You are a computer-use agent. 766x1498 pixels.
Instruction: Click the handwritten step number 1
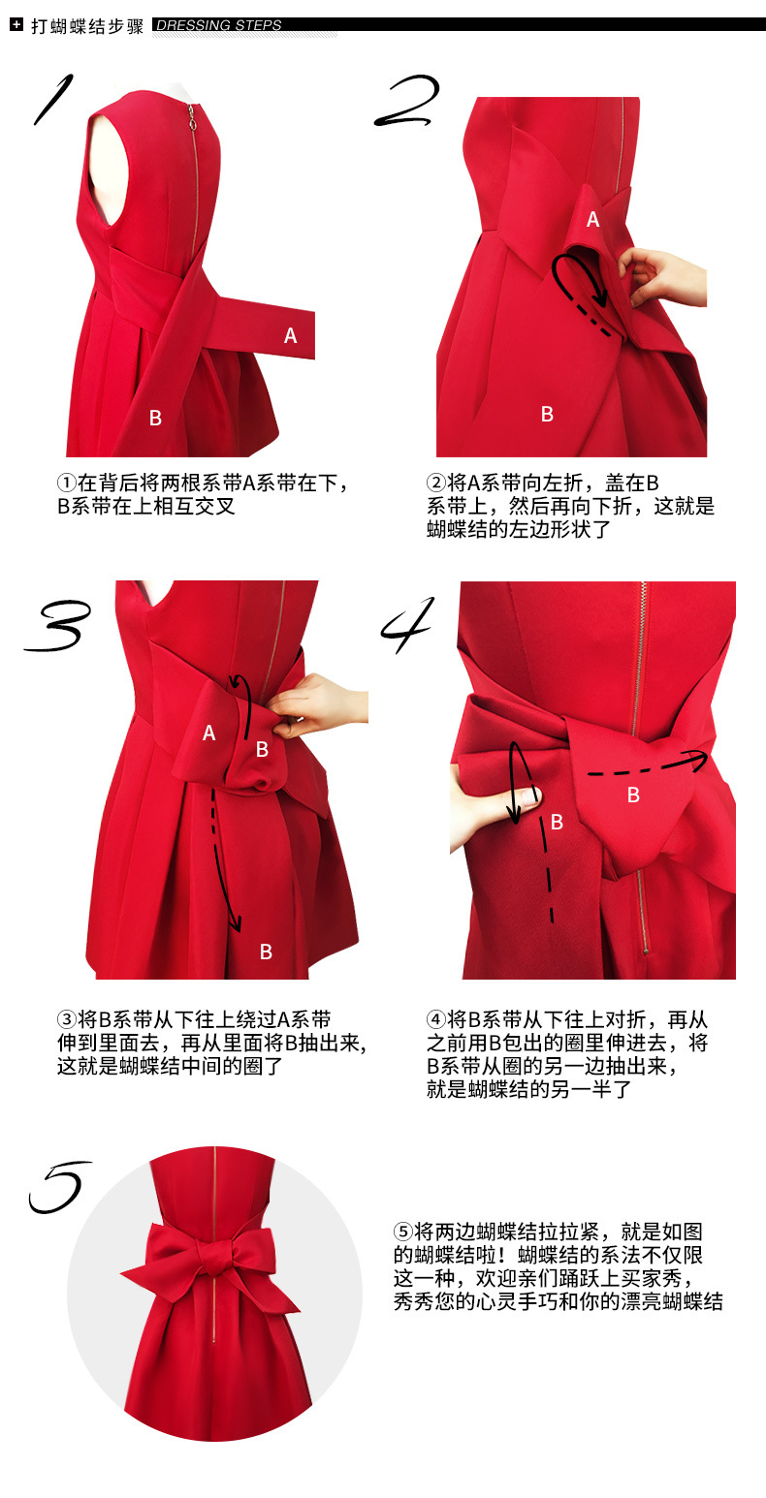coord(53,99)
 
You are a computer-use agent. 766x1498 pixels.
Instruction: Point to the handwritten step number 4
coord(408,625)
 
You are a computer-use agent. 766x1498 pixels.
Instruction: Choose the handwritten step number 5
coord(59,1187)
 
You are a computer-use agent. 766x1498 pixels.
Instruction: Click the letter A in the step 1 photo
coord(290,335)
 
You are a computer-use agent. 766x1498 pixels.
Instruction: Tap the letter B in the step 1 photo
coord(155,418)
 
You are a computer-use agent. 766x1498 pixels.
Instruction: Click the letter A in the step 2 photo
coord(592,219)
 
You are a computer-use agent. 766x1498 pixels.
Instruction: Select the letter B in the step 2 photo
coord(547,414)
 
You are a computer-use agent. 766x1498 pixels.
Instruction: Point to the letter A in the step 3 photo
coord(208,733)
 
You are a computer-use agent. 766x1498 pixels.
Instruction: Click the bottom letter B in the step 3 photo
coord(266,952)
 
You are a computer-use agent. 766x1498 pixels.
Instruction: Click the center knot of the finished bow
coord(215,1259)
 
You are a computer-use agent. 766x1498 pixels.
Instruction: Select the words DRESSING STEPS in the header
coord(219,25)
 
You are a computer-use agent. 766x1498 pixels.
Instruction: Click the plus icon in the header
coord(16,25)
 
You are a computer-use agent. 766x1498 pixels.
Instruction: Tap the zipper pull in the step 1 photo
coord(191,119)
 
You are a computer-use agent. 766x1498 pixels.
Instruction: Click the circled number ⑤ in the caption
coord(402,1232)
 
